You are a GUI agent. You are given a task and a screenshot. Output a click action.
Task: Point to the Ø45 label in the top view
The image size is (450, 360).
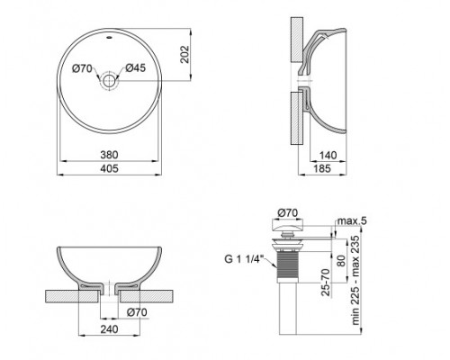coord(135,67)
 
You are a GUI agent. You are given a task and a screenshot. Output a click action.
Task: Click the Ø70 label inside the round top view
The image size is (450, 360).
coord(83,67)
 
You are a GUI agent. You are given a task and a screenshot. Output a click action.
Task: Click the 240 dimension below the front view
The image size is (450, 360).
coord(109,330)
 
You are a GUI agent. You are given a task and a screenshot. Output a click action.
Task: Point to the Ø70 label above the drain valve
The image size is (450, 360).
coord(290,212)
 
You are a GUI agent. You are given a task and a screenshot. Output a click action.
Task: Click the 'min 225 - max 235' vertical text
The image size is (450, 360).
coord(354,279)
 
